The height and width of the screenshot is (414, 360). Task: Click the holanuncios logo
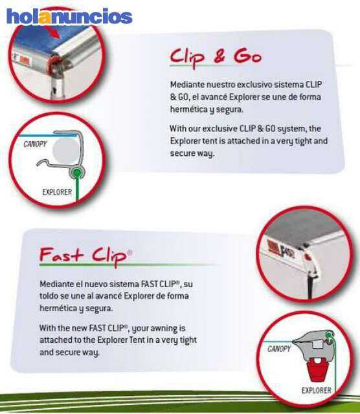pos(69,16)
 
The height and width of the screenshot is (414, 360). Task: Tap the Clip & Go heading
pos(216,57)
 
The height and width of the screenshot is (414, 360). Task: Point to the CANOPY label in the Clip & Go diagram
pos(35,144)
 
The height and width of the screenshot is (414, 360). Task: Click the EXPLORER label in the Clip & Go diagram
pos(57,192)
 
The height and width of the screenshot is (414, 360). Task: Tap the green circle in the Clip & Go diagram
pos(76,173)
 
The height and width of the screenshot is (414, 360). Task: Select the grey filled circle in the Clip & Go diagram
pos(65,148)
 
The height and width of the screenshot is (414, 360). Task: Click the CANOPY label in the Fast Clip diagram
pos(279,349)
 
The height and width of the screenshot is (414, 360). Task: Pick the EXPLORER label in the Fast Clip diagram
pos(316,390)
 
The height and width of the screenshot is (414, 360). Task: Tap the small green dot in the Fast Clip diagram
pos(330,335)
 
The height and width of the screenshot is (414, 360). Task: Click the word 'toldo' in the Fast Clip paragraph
pos(49,296)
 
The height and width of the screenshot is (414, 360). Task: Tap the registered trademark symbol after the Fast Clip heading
pos(129,252)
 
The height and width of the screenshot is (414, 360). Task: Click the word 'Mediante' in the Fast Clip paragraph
pos(56,284)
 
